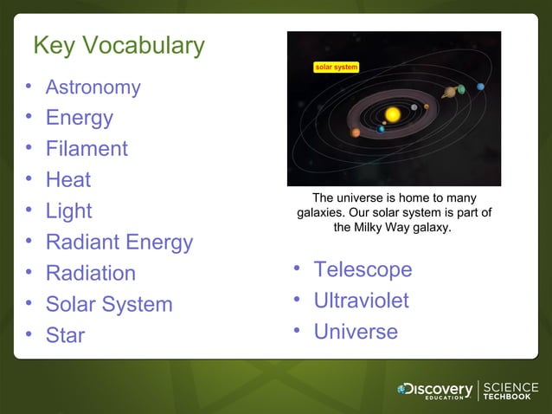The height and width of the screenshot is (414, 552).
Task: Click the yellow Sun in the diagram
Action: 393,114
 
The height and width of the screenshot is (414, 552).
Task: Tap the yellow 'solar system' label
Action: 336,67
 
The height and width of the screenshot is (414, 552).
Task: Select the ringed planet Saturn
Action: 449,92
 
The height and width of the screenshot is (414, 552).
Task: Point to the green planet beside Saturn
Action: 462,88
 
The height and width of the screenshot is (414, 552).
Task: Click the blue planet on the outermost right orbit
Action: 480,86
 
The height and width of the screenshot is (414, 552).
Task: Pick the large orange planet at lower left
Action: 356,133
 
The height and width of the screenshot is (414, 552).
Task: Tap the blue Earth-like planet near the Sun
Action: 381,129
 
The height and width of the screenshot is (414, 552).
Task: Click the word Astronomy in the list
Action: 93,87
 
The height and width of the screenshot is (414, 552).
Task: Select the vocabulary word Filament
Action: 87,149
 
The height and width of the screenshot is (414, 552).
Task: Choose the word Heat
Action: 68,180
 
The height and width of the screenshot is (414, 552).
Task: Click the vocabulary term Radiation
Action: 90,274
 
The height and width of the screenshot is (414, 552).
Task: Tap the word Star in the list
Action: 65,335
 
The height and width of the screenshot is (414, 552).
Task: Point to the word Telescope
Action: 363,270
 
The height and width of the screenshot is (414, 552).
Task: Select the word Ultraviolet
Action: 361,301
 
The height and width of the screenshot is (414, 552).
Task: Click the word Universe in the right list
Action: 356,332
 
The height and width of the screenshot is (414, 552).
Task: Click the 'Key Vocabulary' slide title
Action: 119,45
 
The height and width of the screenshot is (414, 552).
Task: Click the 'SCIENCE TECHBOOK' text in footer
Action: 510,391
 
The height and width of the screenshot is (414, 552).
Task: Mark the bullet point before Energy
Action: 29,117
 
